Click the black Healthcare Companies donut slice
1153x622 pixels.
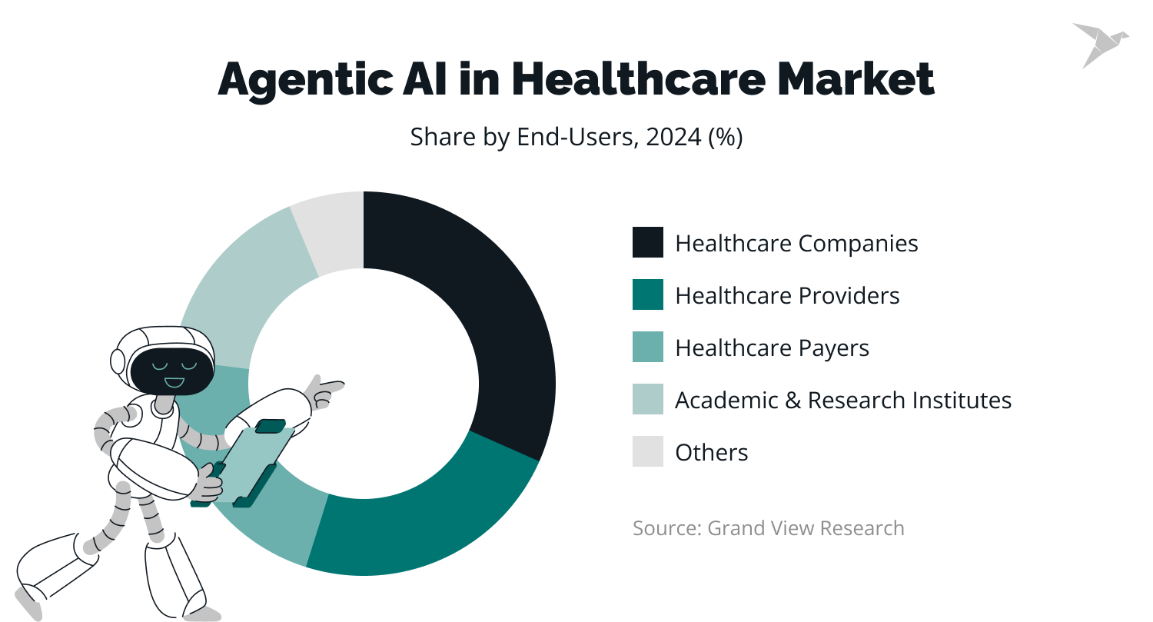[492, 308]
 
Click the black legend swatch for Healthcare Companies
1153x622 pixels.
[647, 243]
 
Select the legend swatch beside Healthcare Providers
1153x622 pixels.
[647, 295]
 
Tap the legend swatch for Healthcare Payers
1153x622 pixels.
[647, 348]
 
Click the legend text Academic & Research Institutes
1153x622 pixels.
[842, 400]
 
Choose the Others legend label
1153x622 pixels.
[711, 452]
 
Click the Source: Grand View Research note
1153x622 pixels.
[768, 528]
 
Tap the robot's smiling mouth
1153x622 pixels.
[174, 381]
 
